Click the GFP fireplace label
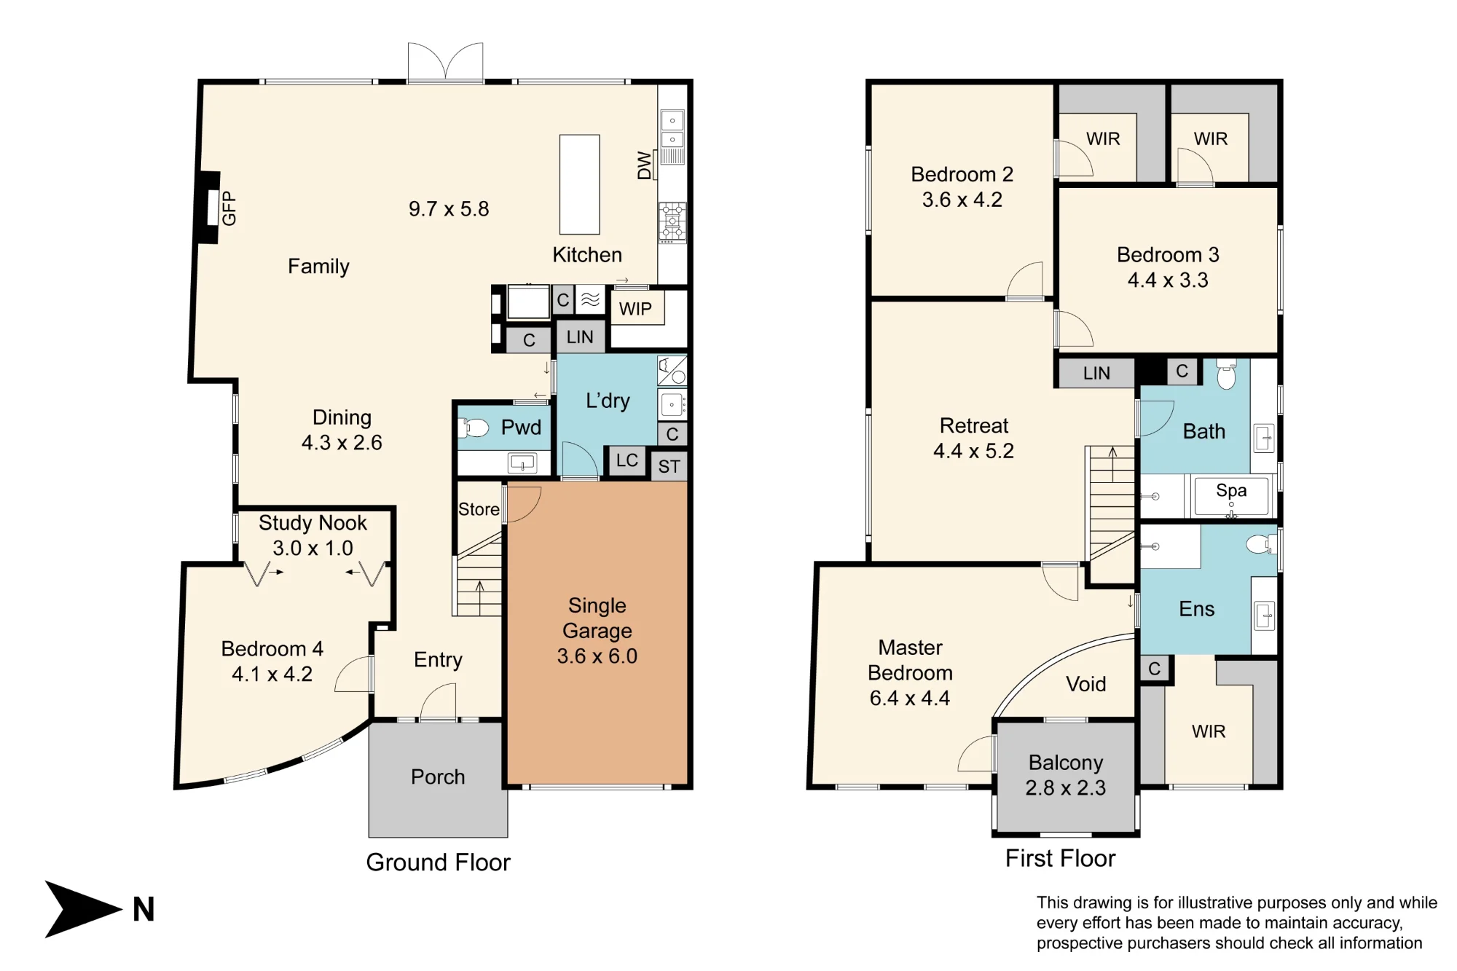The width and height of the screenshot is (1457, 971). (229, 208)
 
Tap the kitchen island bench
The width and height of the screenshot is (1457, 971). (580, 184)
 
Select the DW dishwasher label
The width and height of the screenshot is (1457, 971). (644, 165)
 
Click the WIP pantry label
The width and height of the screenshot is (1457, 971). (635, 309)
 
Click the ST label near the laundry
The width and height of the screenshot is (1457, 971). (669, 467)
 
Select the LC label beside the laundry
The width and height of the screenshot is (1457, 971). (627, 460)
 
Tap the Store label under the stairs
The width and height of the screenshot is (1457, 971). (479, 509)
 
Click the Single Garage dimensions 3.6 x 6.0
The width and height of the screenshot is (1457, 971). (597, 656)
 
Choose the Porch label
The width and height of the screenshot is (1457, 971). (438, 777)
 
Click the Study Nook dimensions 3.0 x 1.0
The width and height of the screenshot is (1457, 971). (313, 548)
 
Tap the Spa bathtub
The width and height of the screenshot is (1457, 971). (1231, 496)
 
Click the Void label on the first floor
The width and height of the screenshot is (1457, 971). (1085, 684)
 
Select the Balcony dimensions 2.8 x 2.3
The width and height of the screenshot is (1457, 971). (1066, 788)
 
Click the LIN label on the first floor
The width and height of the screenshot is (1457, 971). (1096, 373)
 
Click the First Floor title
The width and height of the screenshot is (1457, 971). (1060, 858)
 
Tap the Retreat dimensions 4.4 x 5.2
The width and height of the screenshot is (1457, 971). (974, 451)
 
